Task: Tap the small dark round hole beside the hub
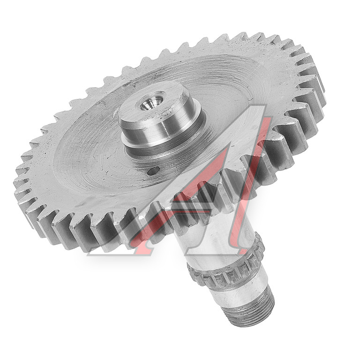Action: [153, 171]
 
